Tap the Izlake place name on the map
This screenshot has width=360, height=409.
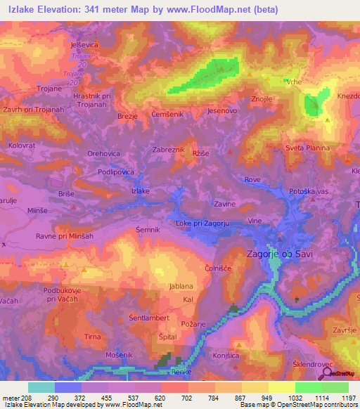click(x=141, y=190)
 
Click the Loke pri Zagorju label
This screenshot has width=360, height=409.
click(x=204, y=223)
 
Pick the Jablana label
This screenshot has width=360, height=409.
click(x=182, y=286)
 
